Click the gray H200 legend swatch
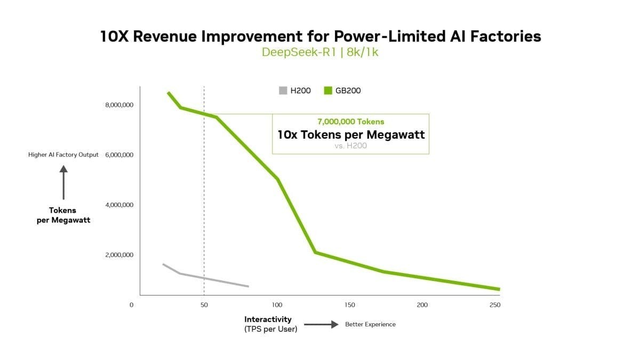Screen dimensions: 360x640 (x=283, y=91)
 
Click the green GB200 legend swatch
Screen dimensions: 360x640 (x=329, y=91)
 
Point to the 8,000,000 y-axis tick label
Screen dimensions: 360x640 (x=119, y=105)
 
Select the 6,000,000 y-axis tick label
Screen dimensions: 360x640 (x=119, y=155)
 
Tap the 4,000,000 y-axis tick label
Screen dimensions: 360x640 (x=119, y=205)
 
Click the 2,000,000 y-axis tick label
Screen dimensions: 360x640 (x=119, y=255)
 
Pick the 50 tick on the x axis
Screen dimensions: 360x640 (x=204, y=305)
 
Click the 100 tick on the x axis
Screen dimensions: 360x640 (x=277, y=305)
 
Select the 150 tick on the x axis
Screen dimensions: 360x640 (x=350, y=305)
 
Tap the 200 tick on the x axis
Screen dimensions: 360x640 (x=422, y=305)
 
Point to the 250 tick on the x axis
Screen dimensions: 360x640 (x=495, y=305)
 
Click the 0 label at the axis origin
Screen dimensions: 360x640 (x=131, y=305)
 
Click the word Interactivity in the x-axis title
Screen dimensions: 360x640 (x=268, y=319)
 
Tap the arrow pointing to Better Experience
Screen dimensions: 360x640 (x=322, y=324)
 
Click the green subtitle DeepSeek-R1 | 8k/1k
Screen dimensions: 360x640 (x=320, y=52)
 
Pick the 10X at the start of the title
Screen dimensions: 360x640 (x=113, y=36)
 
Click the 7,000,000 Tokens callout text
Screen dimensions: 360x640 (x=350, y=122)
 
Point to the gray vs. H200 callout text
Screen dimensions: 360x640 (x=350, y=145)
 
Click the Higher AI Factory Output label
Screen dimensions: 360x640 (x=63, y=155)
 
